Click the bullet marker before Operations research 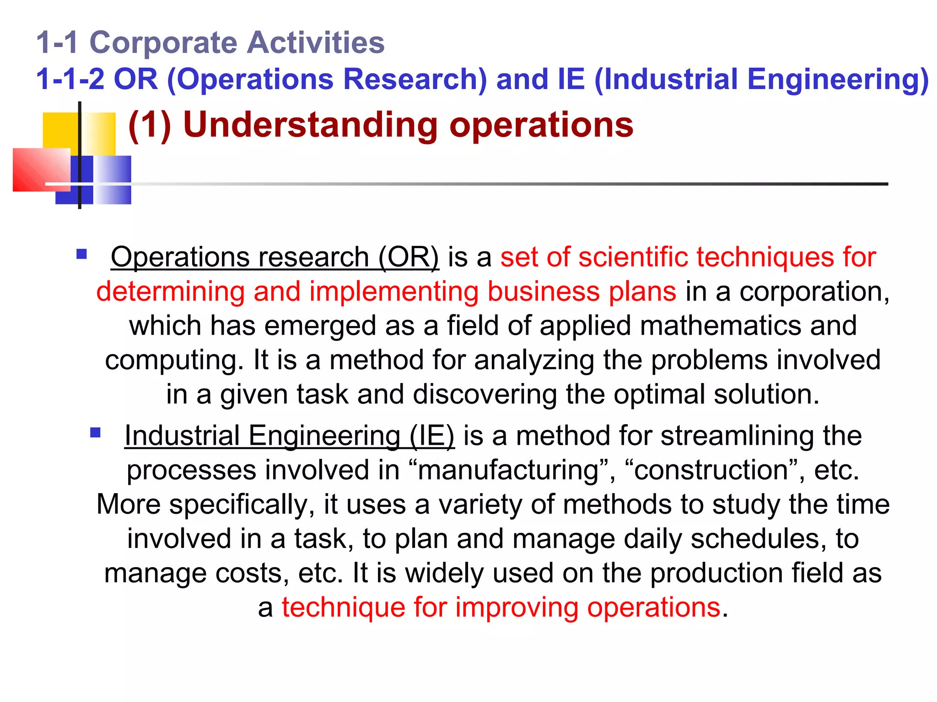tap(82, 254)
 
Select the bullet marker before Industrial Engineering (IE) tap(96, 432)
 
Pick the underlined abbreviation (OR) tap(409, 257)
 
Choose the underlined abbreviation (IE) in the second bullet tap(432, 436)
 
